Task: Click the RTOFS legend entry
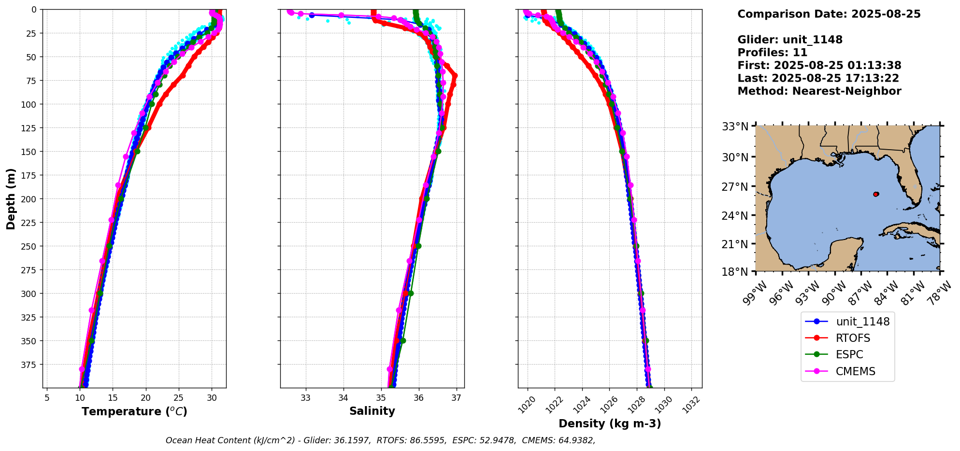(853, 338)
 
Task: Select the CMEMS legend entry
(855, 371)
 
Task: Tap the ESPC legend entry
(849, 354)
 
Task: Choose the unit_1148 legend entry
(862, 322)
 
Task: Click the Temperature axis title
(134, 411)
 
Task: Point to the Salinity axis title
(372, 411)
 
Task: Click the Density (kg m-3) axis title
(610, 423)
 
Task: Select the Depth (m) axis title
(11, 198)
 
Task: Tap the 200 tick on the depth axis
(30, 199)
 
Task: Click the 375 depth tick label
(30, 365)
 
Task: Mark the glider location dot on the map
(876, 194)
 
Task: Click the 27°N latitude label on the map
(735, 187)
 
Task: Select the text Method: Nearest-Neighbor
(819, 91)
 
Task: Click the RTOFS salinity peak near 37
(455, 76)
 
